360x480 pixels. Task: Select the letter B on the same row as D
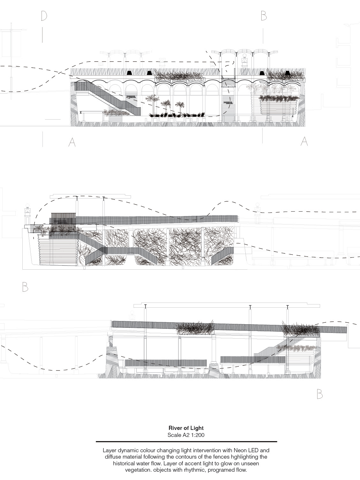pos(264,16)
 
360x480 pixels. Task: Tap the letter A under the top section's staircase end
pos(72,142)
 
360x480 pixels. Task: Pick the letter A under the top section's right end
pos(304,141)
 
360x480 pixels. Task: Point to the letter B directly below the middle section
pos(25,287)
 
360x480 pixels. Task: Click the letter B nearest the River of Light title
pos(319,394)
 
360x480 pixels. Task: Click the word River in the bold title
pos(175,428)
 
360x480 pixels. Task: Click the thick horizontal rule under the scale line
pos(186,442)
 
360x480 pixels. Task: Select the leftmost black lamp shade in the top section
pos(129,73)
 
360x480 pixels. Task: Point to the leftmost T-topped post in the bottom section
pos(145,306)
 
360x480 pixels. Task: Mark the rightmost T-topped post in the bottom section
pos(287,307)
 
